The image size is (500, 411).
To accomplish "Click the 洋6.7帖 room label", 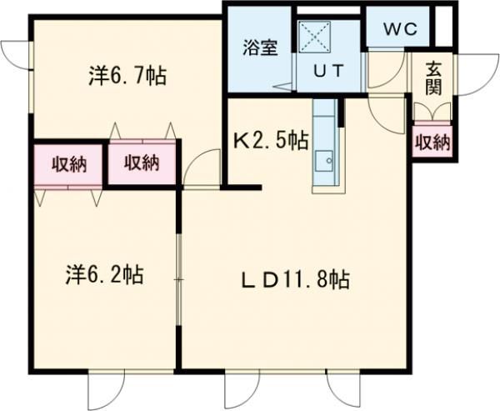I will click(x=126, y=77).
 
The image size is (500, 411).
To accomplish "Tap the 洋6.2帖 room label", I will click(x=104, y=274).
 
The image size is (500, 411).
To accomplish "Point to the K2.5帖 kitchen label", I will click(x=269, y=142).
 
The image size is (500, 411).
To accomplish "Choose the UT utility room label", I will click(x=327, y=71).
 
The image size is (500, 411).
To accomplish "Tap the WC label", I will click(x=400, y=28).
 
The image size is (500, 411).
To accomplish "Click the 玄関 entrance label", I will click(x=433, y=78).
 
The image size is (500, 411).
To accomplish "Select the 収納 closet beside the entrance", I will click(x=432, y=143).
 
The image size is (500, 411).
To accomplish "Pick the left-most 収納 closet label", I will click(x=67, y=163).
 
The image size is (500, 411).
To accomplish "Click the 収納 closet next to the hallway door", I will click(x=142, y=163).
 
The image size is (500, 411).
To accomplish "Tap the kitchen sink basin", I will click(x=323, y=158).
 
